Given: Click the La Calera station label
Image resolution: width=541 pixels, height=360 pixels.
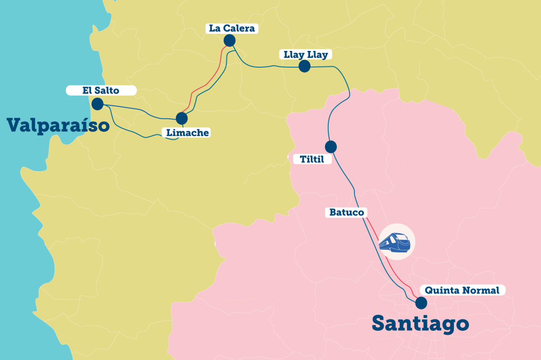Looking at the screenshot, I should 232,28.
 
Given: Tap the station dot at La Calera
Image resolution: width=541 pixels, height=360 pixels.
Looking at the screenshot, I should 229,41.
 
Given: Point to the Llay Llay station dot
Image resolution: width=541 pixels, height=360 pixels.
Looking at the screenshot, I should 305,67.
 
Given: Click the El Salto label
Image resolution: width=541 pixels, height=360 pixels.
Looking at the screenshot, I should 101,91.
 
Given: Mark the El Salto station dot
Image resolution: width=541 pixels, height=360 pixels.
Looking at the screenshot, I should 97,104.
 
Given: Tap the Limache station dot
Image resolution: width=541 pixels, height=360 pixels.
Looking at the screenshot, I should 182,118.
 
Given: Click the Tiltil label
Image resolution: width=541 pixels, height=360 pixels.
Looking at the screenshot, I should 312,159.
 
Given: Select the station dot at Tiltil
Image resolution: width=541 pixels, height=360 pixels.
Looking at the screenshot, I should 330,147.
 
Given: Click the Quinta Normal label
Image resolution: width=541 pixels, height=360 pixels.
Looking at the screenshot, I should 462,291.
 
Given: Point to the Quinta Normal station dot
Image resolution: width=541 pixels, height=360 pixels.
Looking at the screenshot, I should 421,303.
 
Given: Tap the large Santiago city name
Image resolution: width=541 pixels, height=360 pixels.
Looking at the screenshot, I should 420,323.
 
